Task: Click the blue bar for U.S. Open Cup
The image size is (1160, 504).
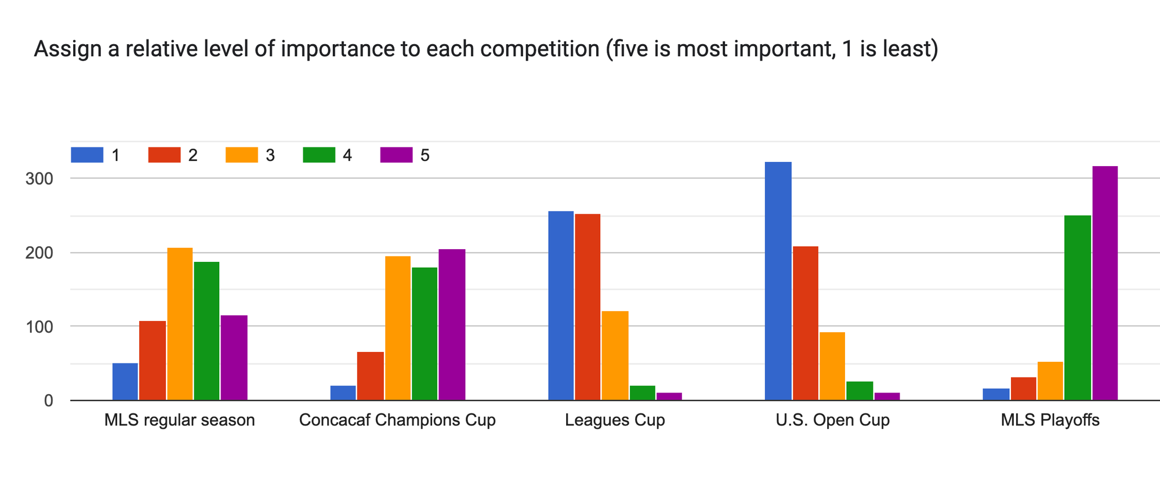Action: (778, 281)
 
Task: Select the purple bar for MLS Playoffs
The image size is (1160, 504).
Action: (1104, 283)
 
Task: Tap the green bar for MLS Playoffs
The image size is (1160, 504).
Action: (1077, 308)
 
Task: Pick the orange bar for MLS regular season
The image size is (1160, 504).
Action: (180, 324)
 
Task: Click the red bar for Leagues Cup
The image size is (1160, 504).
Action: (588, 307)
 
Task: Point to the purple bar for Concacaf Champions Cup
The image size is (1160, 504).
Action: (452, 325)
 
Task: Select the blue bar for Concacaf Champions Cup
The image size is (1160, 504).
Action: (343, 393)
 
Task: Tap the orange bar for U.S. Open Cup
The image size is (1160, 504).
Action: (832, 366)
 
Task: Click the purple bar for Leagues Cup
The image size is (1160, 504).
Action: (669, 397)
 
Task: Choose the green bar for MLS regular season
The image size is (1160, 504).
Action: (206, 331)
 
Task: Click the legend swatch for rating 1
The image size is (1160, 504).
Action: (87, 155)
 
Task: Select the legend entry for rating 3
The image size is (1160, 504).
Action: (249, 155)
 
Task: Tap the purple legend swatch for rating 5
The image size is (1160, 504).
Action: (396, 155)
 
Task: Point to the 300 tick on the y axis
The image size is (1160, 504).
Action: (39, 179)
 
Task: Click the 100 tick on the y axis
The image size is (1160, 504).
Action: (39, 327)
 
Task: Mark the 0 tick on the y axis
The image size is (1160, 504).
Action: (48, 401)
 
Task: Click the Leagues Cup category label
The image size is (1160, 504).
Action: (615, 420)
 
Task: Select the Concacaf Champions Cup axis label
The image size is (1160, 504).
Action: (397, 420)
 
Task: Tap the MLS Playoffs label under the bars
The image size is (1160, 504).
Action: (1050, 420)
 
